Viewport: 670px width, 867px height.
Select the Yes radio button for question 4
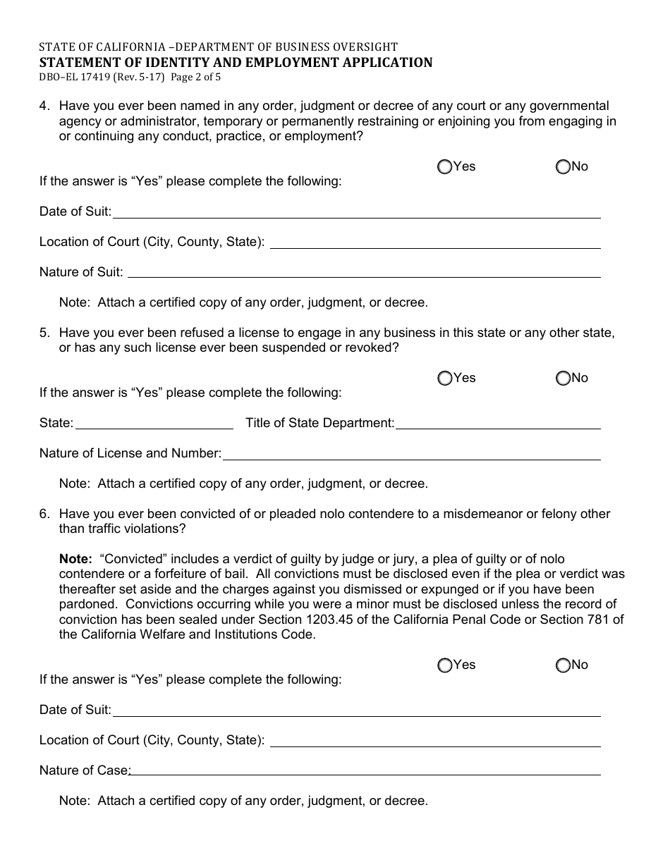coord(445,167)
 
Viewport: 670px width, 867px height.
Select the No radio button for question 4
coord(563,167)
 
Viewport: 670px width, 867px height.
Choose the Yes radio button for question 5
coord(445,379)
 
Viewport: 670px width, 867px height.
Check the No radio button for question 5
coord(563,379)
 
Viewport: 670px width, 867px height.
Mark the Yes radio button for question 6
coord(445,665)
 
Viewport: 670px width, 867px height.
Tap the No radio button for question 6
coord(563,665)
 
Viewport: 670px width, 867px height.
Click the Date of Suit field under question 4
coord(356,211)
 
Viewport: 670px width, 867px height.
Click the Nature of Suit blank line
coord(363,271)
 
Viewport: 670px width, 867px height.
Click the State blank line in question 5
coord(154,423)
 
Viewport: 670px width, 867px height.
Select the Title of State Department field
coord(498,423)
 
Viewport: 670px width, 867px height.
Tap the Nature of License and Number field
coord(412,453)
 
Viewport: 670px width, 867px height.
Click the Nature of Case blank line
coord(365,770)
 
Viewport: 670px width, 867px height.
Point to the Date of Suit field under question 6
coord(356,710)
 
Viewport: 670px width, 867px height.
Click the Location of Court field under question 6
coord(435,740)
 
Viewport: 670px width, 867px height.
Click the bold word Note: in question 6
coord(75,559)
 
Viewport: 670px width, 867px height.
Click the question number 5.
coord(44,333)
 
